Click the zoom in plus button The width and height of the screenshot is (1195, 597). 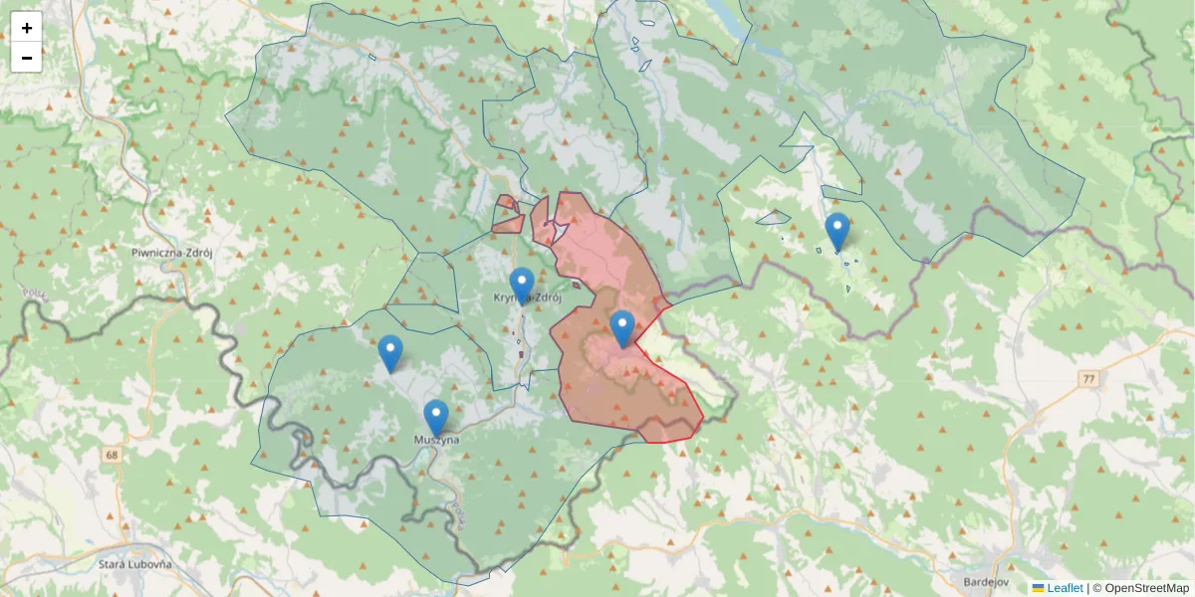(27, 28)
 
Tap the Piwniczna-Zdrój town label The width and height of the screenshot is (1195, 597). (172, 253)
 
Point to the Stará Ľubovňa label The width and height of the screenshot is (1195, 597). (135, 564)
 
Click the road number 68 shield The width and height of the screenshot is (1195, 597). (109, 455)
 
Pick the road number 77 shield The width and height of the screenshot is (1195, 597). (1088, 379)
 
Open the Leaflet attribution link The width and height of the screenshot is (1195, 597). (1064, 588)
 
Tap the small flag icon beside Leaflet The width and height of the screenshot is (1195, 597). (1038, 588)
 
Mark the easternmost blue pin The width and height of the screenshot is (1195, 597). (837, 231)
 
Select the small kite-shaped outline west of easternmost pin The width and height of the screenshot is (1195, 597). (773, 217)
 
